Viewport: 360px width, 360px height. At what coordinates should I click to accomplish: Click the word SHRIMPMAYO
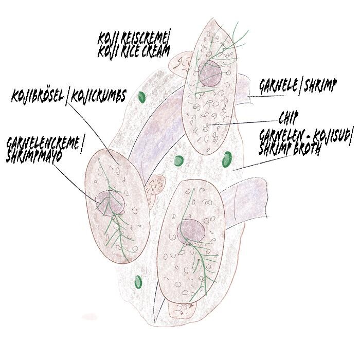click(33, 157)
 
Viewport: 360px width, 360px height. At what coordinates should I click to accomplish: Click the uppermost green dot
click(142, 96)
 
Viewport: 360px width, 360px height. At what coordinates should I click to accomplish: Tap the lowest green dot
click(137, 281)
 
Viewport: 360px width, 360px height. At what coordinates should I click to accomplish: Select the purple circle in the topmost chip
click(210, 73)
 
